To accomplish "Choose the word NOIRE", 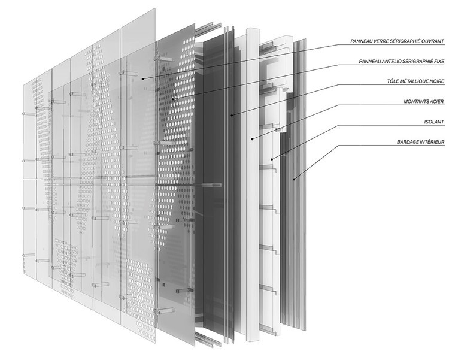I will click(435, 81).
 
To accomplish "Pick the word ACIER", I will click(434, 102).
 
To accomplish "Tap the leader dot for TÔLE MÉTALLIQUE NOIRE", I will click(232, 113).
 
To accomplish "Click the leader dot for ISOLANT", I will click(272, 159).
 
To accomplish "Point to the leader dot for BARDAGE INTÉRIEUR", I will click(294, 178).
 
